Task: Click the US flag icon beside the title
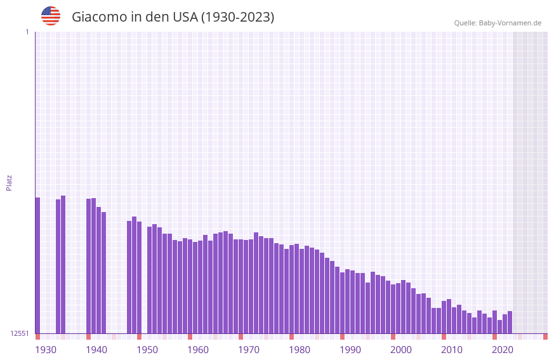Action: coord(51,16)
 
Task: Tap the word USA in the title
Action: coord(185,17)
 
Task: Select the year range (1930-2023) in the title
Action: coord(237,17)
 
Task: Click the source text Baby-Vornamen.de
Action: coord(510,23)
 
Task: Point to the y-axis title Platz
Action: coord(9,182)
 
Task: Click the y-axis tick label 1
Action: coord(27,32)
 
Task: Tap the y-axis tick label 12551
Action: coord(20,333)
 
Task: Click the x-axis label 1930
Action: coord(46,350)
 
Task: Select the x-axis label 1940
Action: coord(96,350)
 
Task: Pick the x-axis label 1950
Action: coord(147,350)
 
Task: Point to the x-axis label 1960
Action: coord(198,350)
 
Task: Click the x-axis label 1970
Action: coord(249,350)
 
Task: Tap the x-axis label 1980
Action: coord(300,350)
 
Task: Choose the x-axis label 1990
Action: coord(350,350)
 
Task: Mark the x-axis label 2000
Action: coord(401,350)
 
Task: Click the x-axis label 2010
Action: coord(452,350)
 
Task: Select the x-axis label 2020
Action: coord(503,350)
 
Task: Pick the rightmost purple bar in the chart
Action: coord(510,323)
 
